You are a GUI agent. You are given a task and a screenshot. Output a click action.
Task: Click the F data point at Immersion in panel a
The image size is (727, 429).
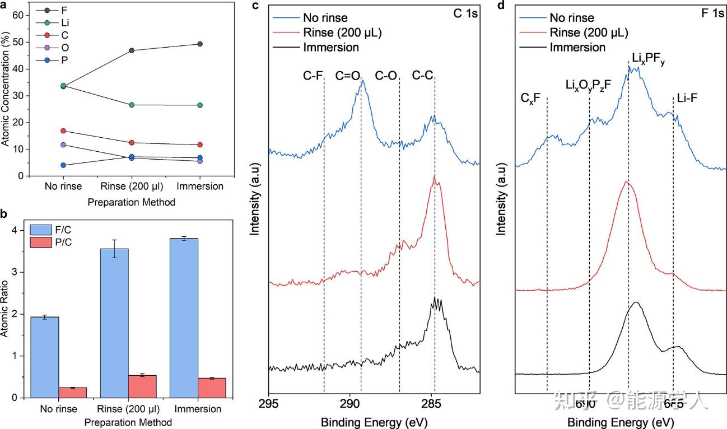click(x=200, y=44)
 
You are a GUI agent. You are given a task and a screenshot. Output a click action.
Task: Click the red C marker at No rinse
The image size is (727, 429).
click(x=63, y=131)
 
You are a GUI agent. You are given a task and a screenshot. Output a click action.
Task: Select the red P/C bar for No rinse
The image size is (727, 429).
click(x=73, y=392)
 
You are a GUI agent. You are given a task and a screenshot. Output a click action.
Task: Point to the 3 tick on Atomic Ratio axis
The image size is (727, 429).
click(x=22, y=272)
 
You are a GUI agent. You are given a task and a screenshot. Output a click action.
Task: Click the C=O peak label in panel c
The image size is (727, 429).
click(x=347, y=75)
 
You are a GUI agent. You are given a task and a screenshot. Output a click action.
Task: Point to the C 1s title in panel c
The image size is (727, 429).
click(x=465, y=13)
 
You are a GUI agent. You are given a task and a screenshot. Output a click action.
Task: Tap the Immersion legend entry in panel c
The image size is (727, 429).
click(x=330, y=47)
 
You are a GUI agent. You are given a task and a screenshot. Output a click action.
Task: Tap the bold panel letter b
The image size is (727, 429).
click(x=5, y=213)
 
